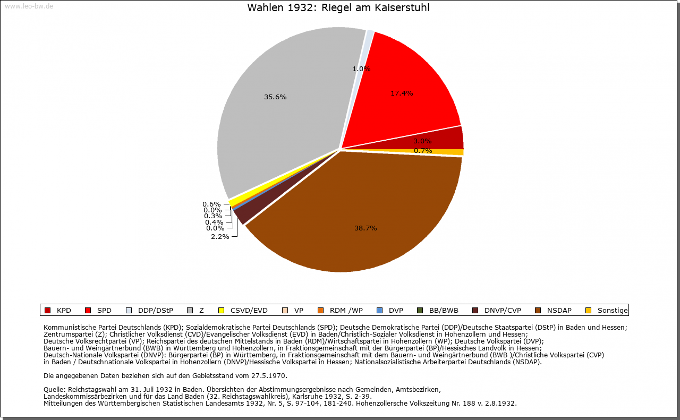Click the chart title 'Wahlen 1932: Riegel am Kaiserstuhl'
pyautogui.click(x=338, y=8)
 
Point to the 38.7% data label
pyautogui.click(x=365, y=228)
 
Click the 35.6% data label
pyautogui.click(x=275, y=97)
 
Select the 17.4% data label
pyautogui.click(x=402, y=93)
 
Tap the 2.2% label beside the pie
pyautogui.click(x=220, y=236)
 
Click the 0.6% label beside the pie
pyautogui.click(x=211, y=204)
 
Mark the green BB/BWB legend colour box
pyautogui.click(x=419, y=311)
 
